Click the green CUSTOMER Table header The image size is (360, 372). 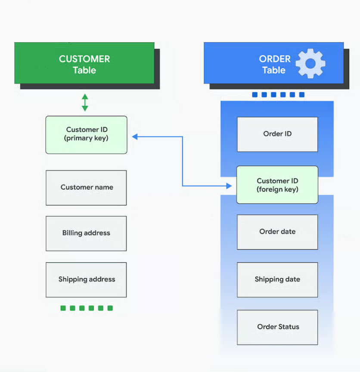(84, 63)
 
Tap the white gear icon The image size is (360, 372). (310, 63)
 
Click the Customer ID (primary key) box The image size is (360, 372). (86, 134)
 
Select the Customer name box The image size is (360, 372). (86, 187)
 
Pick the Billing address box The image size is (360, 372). (86, 233)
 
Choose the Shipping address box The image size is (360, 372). (86, 279)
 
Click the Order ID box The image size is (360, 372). (277, 134)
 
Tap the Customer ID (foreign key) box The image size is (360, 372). (277, 185)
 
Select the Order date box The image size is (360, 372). (277, 232)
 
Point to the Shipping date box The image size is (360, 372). (277, 279)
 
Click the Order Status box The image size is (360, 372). (277, 327)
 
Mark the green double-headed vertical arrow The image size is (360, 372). (85, 102)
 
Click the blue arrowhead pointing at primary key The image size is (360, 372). (135, 136)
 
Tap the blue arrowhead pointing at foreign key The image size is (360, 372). (229, 186)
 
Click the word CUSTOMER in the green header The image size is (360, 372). (84, 59)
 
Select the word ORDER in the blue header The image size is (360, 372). (275, 59)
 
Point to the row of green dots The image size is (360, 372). (87, 308)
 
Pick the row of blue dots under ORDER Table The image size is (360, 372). (278, 95)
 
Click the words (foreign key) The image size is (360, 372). (277, 189)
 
